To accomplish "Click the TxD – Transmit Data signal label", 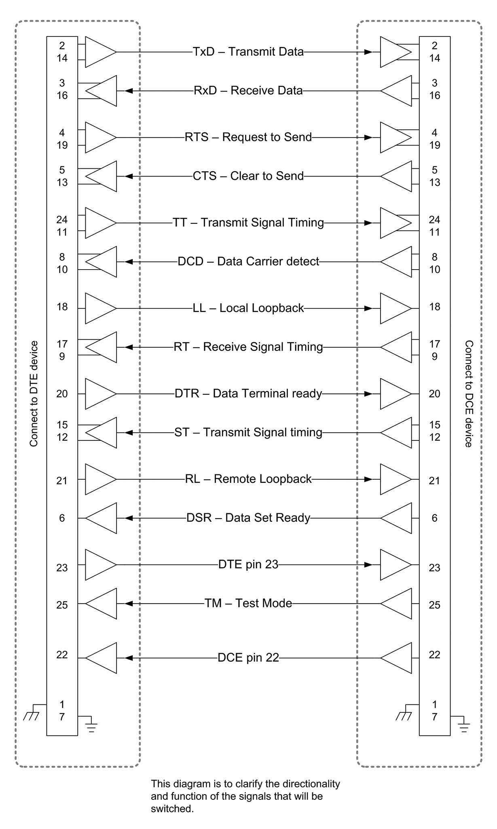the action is tap(248, 52).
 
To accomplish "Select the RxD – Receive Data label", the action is tap(248, 90).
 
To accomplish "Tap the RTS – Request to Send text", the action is tap(248, 137).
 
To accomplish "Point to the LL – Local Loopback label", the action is tap(248, 308).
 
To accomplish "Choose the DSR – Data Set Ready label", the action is tap(248, 518).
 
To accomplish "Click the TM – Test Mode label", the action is tap(248, 603).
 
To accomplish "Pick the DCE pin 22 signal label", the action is tap(248, 658).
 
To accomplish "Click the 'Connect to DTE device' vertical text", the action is tap(34, 394).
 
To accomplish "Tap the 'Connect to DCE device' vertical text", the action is tap(469, 394).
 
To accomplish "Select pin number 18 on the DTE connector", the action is tap(62, 307).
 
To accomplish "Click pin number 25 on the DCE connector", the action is tap(434, 605).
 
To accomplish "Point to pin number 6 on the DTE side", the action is tap(62, 518).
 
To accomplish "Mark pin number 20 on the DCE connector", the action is tap(434, 393).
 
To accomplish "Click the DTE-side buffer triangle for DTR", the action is tap(101, 393).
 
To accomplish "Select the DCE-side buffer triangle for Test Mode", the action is tap(396, 604).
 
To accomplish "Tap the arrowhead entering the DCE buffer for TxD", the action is tap(368, 52).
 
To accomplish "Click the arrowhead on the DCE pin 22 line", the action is tap(129, 658).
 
